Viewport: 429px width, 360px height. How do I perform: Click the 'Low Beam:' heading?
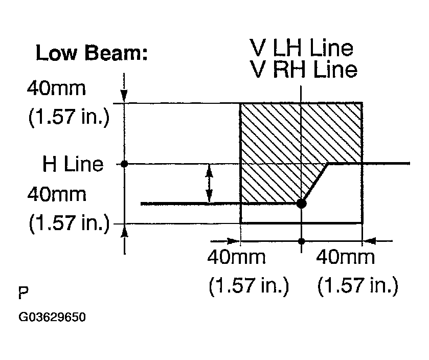coord(92,53)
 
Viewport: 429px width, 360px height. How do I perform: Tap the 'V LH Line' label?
coord(301,48)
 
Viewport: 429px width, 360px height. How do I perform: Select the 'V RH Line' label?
coord(304,69)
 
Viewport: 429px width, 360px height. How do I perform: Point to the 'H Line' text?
coord(73,164)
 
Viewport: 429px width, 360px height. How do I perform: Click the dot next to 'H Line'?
coord(124,164)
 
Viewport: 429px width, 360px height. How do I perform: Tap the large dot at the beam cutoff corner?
coord(301,204)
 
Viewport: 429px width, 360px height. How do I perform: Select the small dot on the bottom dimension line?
coord(301,241)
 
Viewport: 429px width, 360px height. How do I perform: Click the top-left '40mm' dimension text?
coord(56,88)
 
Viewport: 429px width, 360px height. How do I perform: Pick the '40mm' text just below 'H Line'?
coord(57,194)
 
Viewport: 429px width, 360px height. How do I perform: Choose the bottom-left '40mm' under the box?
coord(236,257)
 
